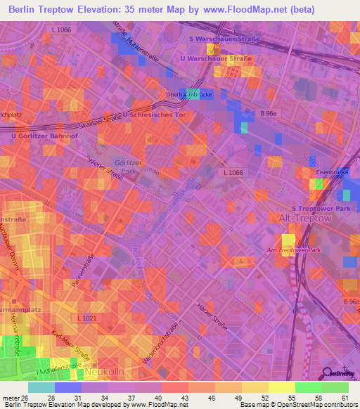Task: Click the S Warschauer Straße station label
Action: point(224,39)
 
